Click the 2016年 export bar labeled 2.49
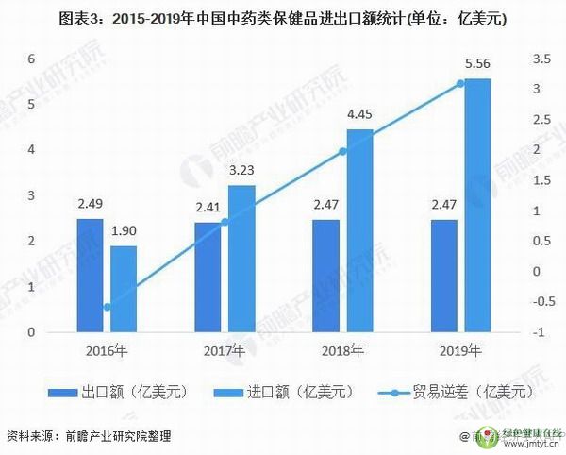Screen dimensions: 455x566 coord(91,276)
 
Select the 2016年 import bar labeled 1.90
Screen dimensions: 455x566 coord(124,289)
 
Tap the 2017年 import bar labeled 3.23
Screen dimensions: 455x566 coord(241,259)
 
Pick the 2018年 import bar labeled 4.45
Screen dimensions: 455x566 coord(359,230)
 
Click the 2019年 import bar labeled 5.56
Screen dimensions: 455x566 coord(477,205)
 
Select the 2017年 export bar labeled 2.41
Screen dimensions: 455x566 coord(208,278)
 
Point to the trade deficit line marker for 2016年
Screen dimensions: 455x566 coord(108,307)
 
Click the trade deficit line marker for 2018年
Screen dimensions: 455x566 coord(343,151)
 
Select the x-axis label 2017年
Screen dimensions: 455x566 coord(225,350)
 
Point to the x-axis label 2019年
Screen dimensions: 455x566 coord(460,350)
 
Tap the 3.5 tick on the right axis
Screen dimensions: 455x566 coord(541,59)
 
